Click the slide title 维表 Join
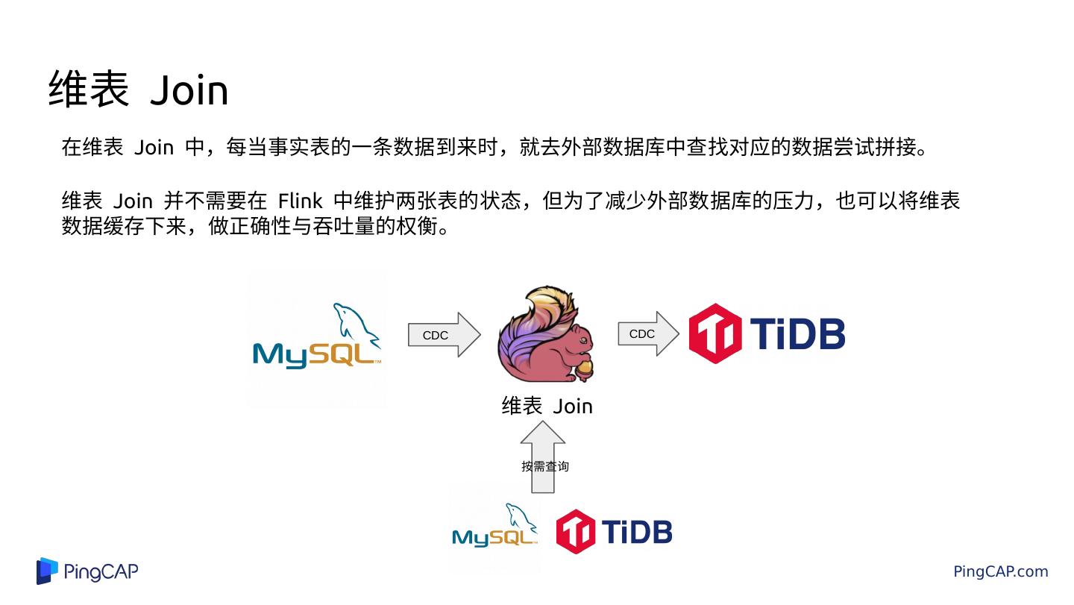coord(138,90)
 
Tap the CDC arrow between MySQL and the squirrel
coord(443,335)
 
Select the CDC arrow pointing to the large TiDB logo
coord(647,334)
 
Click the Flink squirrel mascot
coord(548,336)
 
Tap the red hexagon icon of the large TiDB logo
coord(715,333)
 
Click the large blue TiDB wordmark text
coord(797,333)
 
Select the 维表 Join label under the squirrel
coord(547,406)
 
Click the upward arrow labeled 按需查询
coord(543,457)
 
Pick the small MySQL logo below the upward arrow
coord(494,529)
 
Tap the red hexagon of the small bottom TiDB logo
coord(575,532)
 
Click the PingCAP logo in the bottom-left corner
coord(87,571)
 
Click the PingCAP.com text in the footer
coord(1000,571)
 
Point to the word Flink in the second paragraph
coord(300,201)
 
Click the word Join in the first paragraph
coord(154,147)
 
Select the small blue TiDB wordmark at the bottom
coord(636,532)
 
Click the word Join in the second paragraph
coord(133,201)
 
